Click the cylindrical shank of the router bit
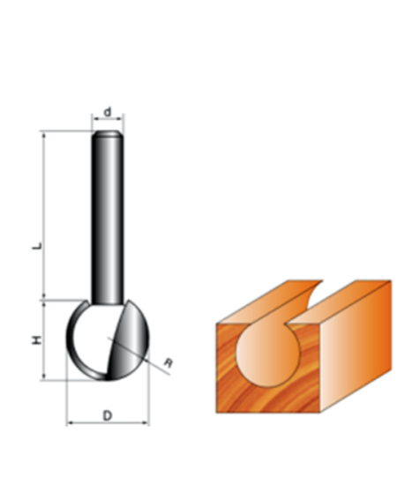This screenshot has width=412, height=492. tap(108, 220)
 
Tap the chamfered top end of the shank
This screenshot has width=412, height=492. tap(108, 135)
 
